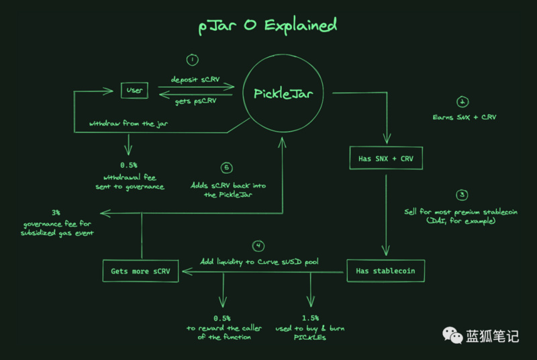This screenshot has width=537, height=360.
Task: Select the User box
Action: click(x=135, y=90)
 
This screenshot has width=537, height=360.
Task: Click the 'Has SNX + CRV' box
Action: click(x=385, y=159)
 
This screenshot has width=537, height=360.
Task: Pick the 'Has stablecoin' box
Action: click(x=385, y=271)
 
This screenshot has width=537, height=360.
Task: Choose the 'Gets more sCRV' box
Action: click(x=141, y=271)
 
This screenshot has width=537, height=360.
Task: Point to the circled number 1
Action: click(x=193, y=60)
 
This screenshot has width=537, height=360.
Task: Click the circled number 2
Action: click(x=462, y=102)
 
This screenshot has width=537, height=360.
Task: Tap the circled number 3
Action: click(x=462, y=195)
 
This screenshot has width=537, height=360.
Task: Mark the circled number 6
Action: click(x=226, y=167)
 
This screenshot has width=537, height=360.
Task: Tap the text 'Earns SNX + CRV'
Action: click(x=462, y=118)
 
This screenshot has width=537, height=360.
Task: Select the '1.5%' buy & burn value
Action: click(x=310, y=318)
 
